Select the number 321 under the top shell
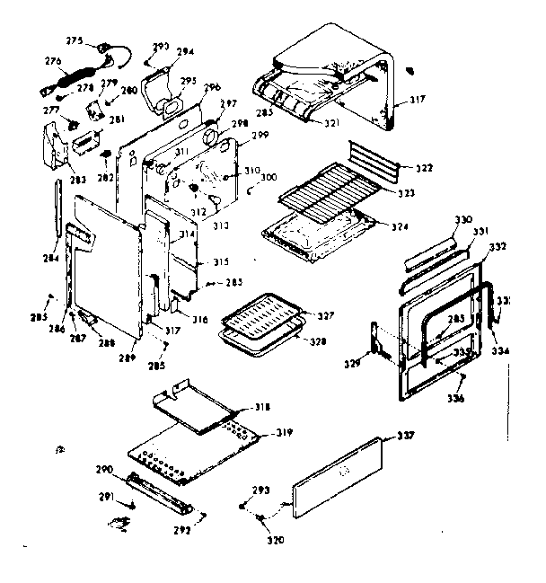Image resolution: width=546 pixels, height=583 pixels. click(307, 122)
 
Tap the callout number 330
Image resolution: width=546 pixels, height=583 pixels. click(462, 220)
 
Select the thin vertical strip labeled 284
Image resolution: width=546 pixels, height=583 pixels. click(58, 216)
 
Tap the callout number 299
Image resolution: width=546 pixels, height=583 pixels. click(260, 135)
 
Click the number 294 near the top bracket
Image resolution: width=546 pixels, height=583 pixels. click(185, 52)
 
